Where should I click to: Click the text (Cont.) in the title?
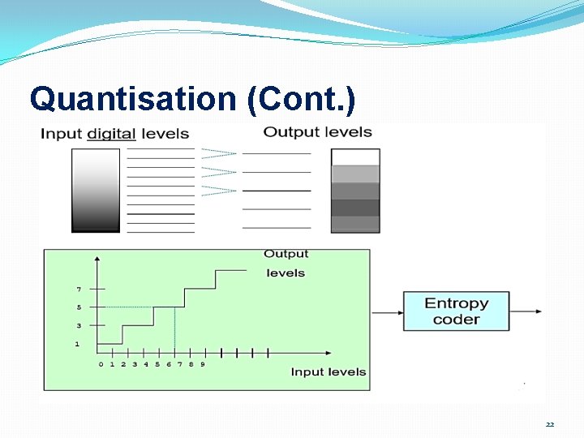[301, 100]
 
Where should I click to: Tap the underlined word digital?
[111, 134]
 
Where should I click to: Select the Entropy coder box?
[457, 311]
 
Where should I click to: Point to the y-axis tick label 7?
[79, 289]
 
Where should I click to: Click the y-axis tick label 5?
[79, 307]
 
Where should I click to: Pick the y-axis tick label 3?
[79, 325]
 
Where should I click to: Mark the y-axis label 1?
[77, 344]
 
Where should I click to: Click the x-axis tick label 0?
[101, 364]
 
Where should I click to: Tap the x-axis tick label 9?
[202, 364]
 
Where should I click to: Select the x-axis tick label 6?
[168, 364]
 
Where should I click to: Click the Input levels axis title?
[328, 371]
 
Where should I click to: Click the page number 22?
[550, 424]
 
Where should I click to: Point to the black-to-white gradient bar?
[96, 191]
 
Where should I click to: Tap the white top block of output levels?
[355, 157]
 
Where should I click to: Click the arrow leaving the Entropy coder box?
[526, 311]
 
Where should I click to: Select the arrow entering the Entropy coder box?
[387, 311]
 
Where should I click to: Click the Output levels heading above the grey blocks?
[317, 131]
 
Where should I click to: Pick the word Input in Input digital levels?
[62, 134]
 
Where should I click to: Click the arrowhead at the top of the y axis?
[97, 259]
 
